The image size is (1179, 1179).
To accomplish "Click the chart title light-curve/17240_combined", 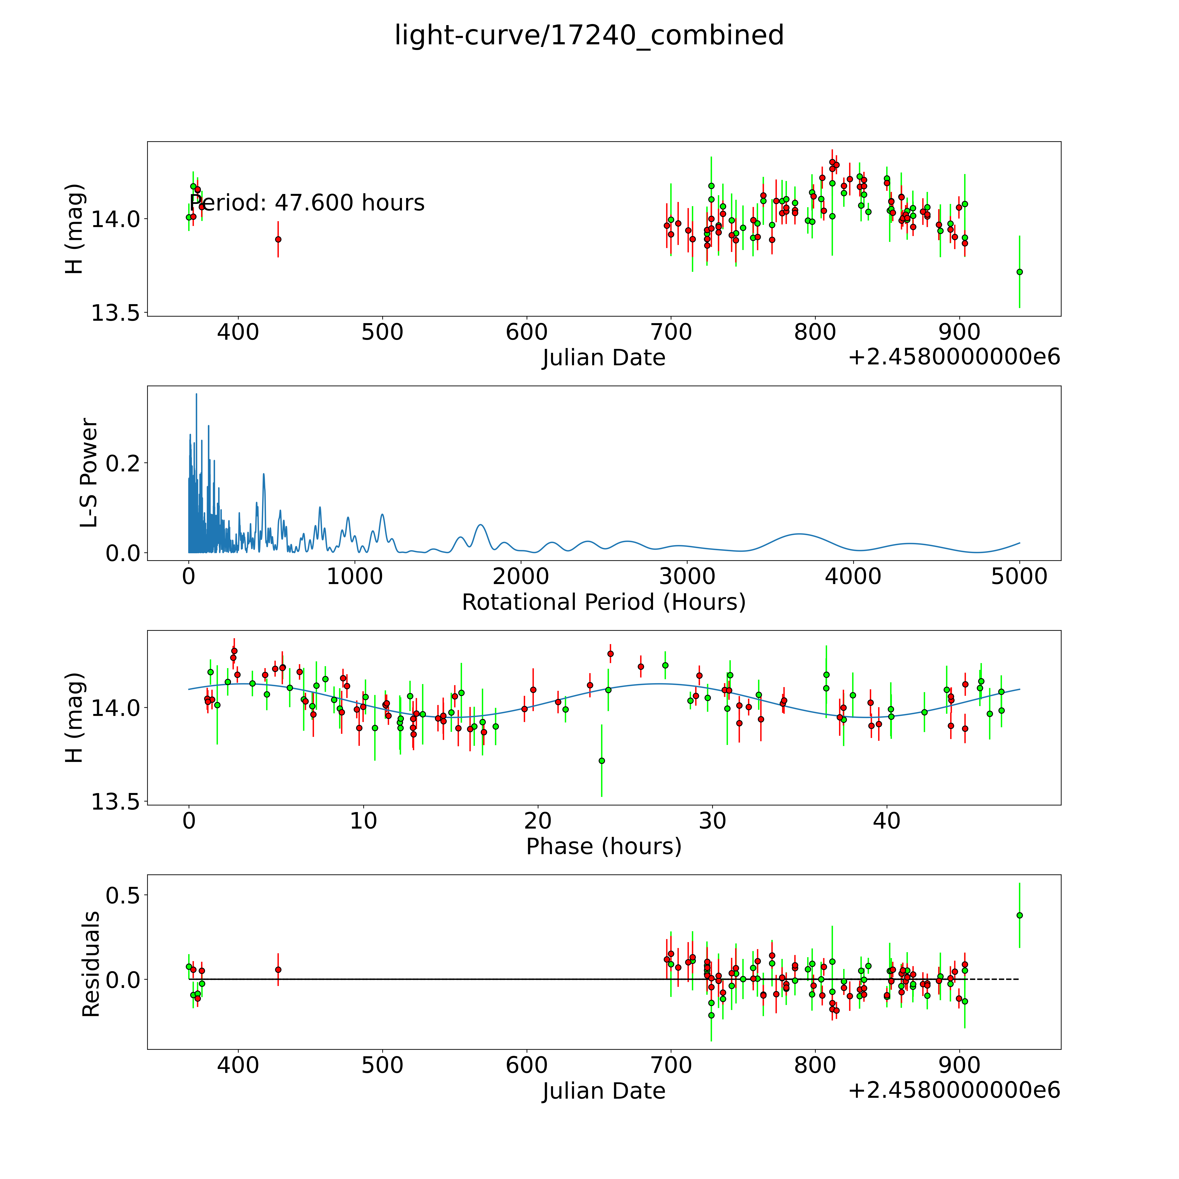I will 589,35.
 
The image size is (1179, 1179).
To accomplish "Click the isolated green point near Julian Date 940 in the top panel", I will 1019,272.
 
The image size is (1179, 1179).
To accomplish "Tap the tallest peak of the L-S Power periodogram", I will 196,394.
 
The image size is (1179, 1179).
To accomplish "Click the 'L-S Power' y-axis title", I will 89,473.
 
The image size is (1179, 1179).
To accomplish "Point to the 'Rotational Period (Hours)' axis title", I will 603,602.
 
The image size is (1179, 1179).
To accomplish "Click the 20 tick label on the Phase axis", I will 538,821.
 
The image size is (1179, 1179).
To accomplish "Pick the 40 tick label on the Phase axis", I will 886,821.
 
